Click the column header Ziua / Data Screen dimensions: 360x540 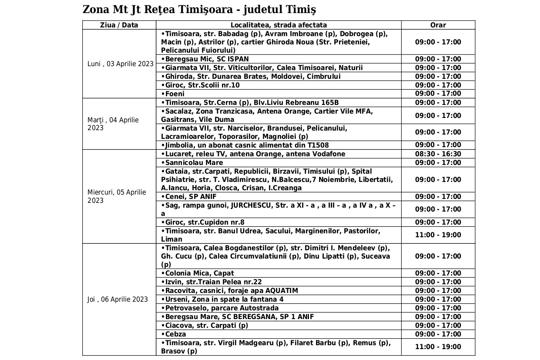pos(119,25)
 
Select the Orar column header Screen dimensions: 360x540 pos(438,25)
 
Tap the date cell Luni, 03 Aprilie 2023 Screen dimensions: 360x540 pos(121,64)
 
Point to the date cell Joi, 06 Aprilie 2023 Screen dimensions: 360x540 pos(117,299)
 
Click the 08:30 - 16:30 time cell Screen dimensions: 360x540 pos(438,154)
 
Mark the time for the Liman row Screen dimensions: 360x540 pos(438,235)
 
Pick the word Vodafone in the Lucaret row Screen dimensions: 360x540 pos(328,154)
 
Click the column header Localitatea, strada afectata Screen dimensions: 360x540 pos(278,25)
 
